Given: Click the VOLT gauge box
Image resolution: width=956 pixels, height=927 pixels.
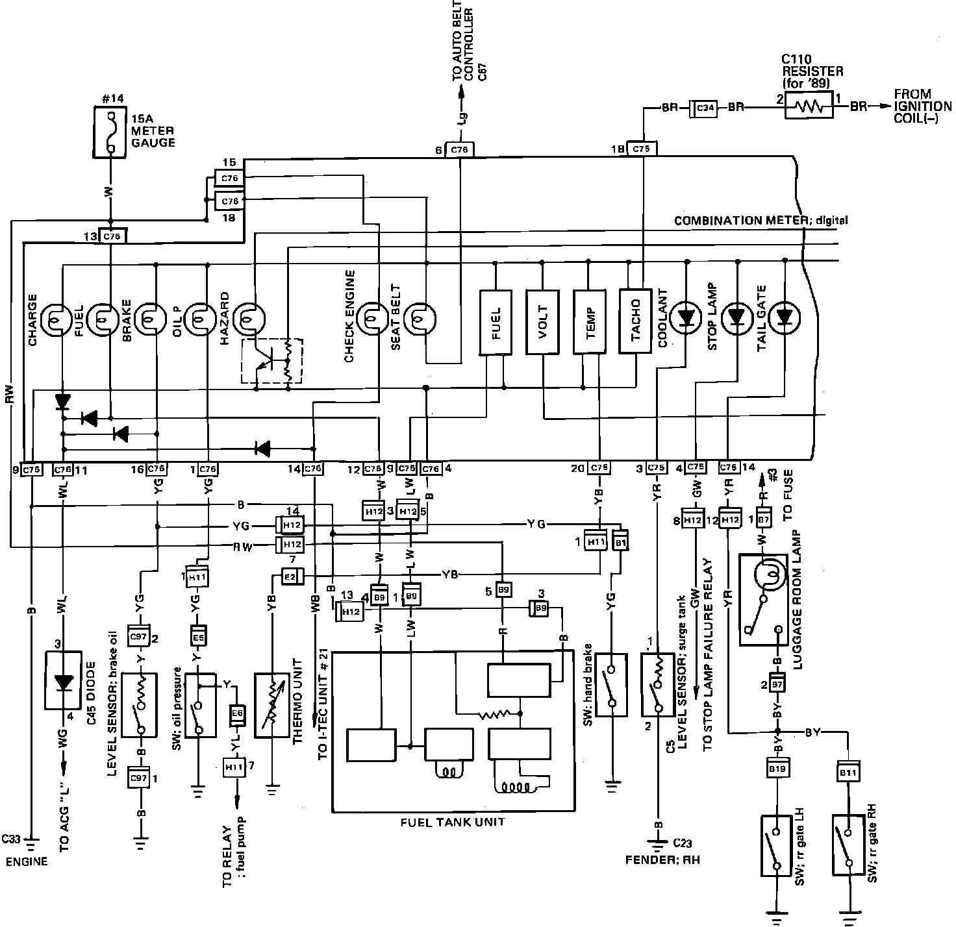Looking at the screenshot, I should (x=542, y=321).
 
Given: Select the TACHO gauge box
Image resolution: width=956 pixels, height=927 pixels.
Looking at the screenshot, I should (x=636, y=321).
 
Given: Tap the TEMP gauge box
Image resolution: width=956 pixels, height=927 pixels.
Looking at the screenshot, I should (x=590, y=321).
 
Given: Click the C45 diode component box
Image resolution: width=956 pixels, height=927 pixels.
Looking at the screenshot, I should (x=62, y=684).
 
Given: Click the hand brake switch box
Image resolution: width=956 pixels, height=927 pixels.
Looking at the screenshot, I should (x=611, y=684).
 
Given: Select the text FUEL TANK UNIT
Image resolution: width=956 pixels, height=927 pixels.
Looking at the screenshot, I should (x=452, y=822).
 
